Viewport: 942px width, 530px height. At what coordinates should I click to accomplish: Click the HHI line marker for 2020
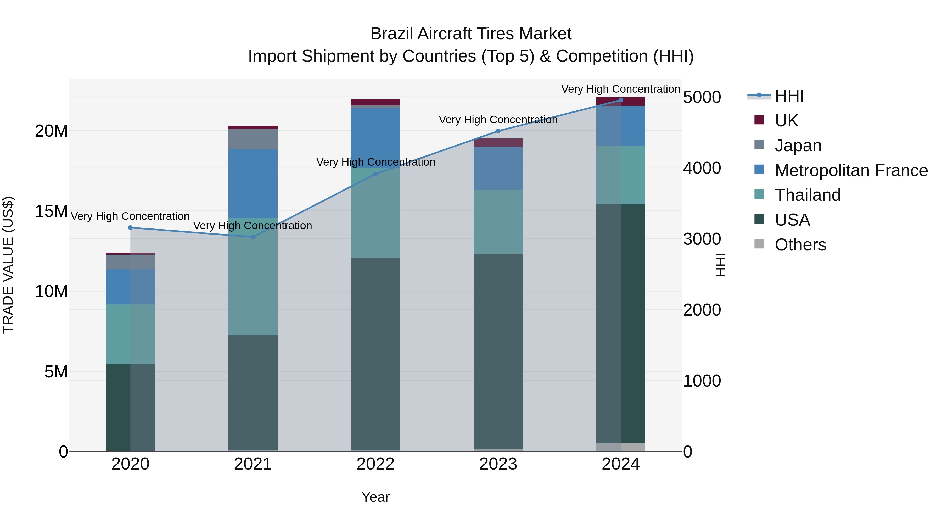click(130, 227)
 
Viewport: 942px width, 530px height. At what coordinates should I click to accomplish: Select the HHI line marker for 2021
click(253, 237)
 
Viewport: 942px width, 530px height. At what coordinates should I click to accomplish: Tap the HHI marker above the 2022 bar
click(375, 174)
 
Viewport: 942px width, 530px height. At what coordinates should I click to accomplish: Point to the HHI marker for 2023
click(498, 131)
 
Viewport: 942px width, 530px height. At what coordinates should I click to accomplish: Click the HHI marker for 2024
click(621, 100)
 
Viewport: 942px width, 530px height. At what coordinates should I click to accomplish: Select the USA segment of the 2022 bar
click(375, 353)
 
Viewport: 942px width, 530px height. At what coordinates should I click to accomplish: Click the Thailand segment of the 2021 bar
click(253, 277)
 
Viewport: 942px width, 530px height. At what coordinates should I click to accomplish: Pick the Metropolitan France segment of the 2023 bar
click(498, 168)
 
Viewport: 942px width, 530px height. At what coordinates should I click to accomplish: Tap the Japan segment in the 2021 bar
click(253, 139)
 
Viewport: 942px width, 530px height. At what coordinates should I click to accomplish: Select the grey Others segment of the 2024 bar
click(621, 447)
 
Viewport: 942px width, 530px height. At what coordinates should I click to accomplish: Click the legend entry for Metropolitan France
click(851, 170)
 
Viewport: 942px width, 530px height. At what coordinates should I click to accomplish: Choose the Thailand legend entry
click(808, 195)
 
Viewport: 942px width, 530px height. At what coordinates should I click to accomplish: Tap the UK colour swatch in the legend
click(759, 120)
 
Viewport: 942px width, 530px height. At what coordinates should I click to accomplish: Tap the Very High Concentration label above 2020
click(130, 216)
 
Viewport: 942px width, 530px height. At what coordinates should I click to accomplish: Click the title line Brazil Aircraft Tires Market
click(471, 34)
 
